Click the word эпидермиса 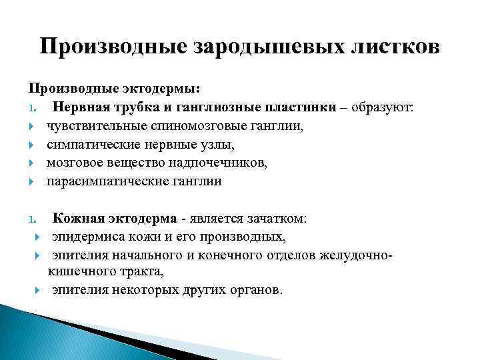click(x=88, y=237)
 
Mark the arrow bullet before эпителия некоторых click(x=37, y=291)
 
